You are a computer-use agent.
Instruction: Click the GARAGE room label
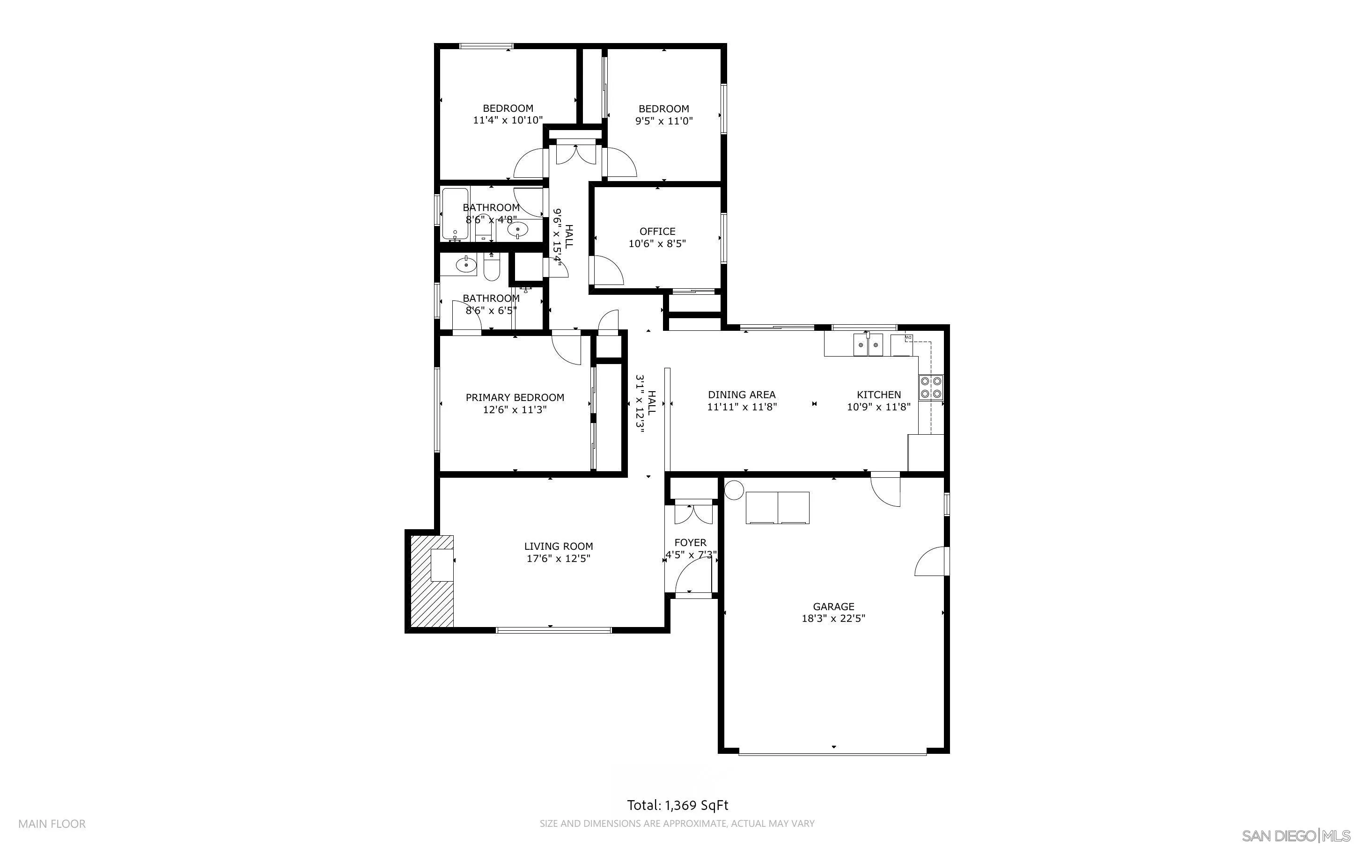pos(833,606)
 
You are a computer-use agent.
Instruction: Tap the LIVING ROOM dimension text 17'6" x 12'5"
pos(558,558)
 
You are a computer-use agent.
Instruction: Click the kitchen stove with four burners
pos(931,387)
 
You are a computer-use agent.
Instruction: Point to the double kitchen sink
pos(868,345)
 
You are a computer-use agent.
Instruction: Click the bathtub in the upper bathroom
pos(455,214)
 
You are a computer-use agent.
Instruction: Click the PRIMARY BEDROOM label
pos(515,397)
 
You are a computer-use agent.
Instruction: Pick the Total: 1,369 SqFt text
pos(677,805)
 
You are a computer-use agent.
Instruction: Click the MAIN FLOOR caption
pos(52,824)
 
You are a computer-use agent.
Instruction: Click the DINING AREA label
pos(741,394)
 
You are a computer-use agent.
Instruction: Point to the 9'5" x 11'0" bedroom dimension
pos(664,121)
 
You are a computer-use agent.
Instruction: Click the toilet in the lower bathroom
pos(491,269)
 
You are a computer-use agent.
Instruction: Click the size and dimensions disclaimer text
pos(677,824)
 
